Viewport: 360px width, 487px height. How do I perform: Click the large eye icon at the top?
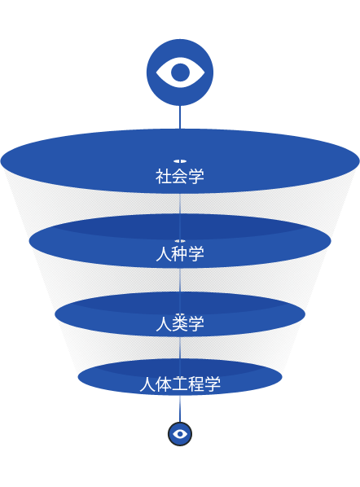(x=180, y=72)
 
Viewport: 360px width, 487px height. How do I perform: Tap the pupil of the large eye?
(x=180, y=72)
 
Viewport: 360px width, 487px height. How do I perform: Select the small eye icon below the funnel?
(x=180, y=434)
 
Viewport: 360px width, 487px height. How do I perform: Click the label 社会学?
(x=180, y=176)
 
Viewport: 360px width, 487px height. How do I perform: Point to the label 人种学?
(x=180, y=253)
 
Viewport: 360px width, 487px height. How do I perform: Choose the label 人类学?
(x=180, y=323)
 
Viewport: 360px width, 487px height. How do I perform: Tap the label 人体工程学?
(x=180, y=384)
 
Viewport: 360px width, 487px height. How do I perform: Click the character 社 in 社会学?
(x=164, y=176)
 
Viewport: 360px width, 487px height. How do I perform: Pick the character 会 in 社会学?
(x=180, y=176)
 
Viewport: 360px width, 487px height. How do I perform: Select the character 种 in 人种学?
(x=180, y=253)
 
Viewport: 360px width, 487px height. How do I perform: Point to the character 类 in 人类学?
(x=180, y=323)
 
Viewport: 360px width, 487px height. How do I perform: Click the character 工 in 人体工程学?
(x=180, y=384)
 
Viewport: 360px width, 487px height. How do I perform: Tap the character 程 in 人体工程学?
(x=196, y=384)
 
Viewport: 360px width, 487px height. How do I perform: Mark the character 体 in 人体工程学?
(x=164, y=384)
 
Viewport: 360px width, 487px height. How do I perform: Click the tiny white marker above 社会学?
(x=180, y=161)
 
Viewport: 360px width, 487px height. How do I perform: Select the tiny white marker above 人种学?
(x=180, y=241)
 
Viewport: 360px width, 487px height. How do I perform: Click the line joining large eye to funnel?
(x=180, y=117)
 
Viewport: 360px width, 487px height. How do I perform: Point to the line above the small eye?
(x=180, y=408)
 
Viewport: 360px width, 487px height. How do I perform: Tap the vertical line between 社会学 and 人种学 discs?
(x=180, y=204)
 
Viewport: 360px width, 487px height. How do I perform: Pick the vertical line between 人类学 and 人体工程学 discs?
(x=180, y=348)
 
